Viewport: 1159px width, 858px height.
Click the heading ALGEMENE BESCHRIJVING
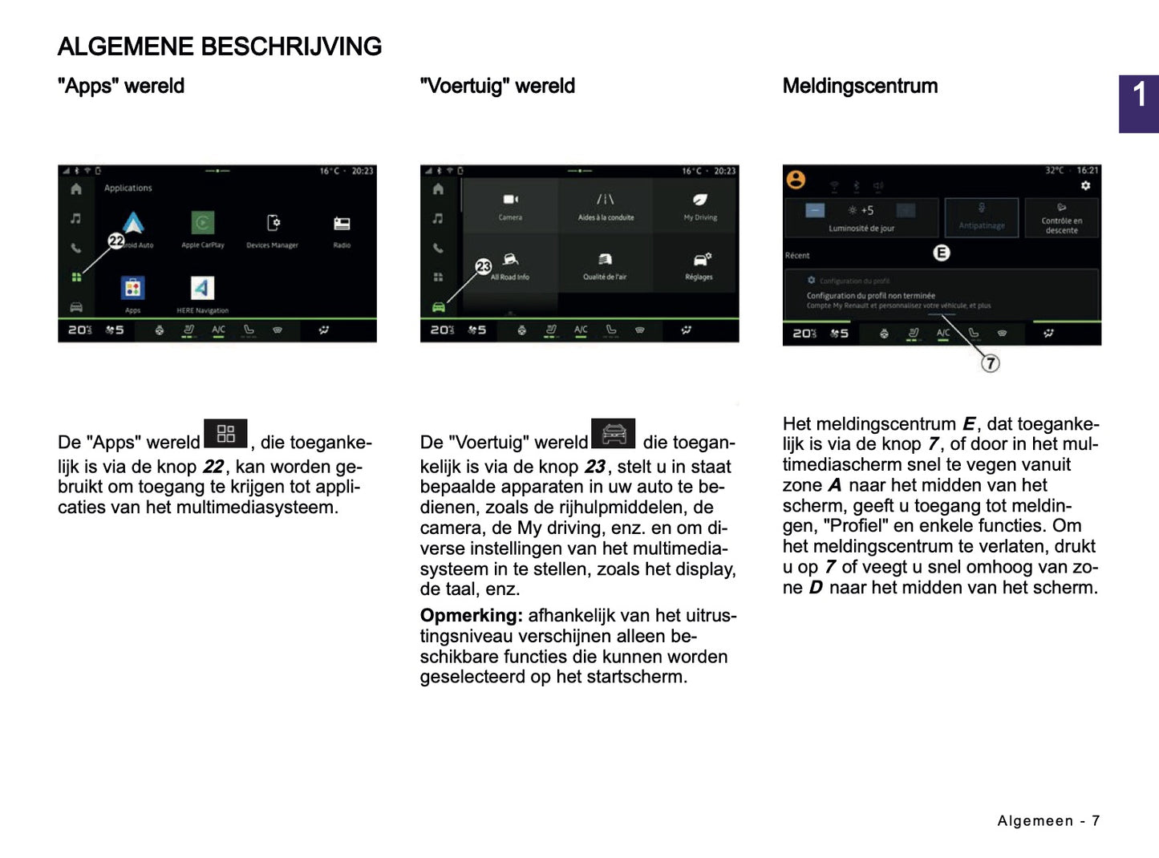click(219, 47)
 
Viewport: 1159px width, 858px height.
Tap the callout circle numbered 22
click(116, 241)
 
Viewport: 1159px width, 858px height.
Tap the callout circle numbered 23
click(483, 266)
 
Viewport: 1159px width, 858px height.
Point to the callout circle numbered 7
click(991, 363)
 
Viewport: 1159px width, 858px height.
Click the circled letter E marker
click(942, 253)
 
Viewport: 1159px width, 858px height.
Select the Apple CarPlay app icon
click(203, 223)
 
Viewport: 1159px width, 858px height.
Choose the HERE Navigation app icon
click(202, 289)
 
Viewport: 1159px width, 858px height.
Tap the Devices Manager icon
click(273, 223)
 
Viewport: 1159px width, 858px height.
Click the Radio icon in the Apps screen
click(342, 224)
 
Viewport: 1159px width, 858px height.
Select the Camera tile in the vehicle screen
click(510, 205)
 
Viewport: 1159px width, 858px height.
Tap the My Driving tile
click(700, 205)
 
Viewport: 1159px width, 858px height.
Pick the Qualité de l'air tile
click(605, 265)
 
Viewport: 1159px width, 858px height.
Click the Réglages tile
click(699, 265)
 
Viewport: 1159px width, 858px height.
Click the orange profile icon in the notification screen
click(796, 180)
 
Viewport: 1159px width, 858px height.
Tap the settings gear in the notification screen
click(1085, 185)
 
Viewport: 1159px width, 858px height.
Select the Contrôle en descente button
click(1061, 218)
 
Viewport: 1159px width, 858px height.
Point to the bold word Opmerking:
click(471, 616)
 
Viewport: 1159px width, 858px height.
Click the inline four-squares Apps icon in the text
click(225, 434)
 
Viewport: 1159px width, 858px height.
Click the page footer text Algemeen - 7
click(1048, 820)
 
